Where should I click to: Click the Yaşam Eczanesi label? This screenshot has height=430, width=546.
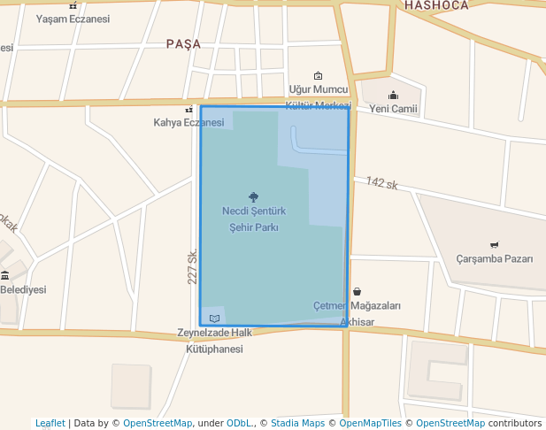pyautogui.click(x=73, y=19)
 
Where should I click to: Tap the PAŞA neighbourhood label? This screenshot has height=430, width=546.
pyautogui.click(x=183, y=43)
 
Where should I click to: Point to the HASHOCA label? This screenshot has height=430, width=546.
pyautogui.click(x=436, y=5)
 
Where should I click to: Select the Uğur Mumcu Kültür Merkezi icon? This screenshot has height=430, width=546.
pyautogui.click(x=319, y=76)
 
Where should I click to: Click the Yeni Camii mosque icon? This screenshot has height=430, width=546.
pyautogui.click(x=393, y=96)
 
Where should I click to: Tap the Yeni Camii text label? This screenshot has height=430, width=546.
pyautogui.click(x=393, y=109)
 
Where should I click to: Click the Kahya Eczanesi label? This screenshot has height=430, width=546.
pyautogui.click(x=188, y=122)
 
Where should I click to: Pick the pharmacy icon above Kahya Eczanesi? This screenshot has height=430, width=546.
pyautogui.click(x=188, y=110)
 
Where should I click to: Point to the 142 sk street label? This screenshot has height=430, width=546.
pyautogui.click(x=382, y=183)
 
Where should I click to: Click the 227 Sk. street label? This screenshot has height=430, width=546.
pyautogui.click(x=192, y=266)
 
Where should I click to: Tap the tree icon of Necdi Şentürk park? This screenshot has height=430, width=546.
pyautogui.click(x=254, y=197)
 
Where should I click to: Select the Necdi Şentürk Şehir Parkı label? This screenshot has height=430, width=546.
pyautogui.click(x=254, y=219)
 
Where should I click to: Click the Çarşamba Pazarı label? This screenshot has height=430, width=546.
pyautogui.click(x=494, y=259)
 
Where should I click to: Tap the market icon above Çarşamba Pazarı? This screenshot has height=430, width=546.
pyautogui.click(x=494, y=244)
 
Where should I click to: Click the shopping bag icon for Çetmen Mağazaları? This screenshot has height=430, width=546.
pyautogui.click(x=357, y=291)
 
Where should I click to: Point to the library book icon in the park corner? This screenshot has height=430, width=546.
pyautogui.click(x=214, y=318)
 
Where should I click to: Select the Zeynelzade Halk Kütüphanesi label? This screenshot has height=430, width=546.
pyautogui.click(x=215, y=342)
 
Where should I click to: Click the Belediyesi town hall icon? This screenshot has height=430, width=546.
pyautogui.click(x=5, y=275)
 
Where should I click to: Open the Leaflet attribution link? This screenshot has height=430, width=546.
pyautogui.click(x=50, y=423)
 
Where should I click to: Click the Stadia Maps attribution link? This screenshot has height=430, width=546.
pyautogui.click(x=296, y=423)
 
